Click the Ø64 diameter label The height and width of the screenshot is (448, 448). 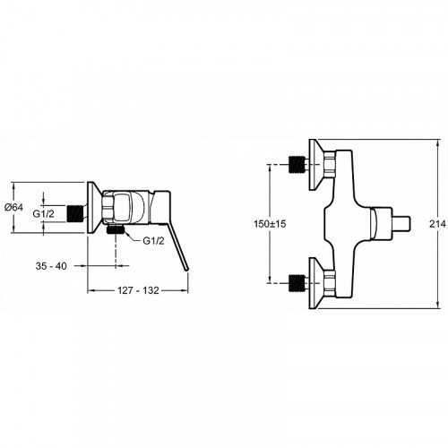point(14,207)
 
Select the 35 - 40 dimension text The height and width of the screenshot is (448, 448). point(51,266)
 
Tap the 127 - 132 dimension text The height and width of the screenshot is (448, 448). point(138,290)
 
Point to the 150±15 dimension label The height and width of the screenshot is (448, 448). point(270,224)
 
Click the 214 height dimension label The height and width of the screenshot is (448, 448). point(437,224)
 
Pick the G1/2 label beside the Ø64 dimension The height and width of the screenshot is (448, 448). point(43,213)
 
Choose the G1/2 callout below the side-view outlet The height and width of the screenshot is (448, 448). point(153,241)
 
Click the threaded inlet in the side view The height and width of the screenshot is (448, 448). point(74,213)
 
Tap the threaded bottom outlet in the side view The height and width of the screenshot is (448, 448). point(116,229)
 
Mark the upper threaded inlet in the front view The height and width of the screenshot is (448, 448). point(297,165)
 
